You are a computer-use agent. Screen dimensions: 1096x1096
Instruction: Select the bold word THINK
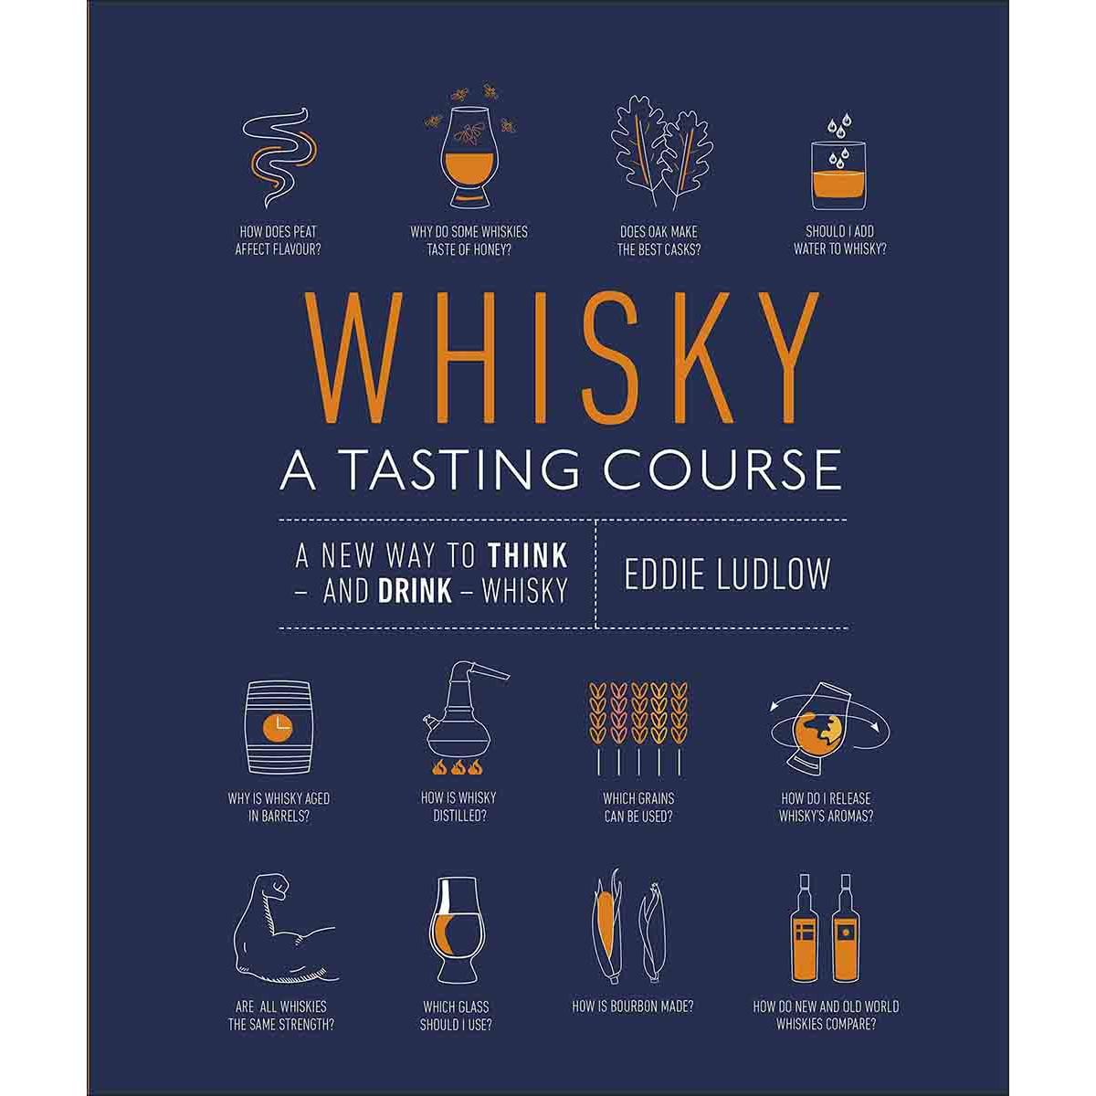click(x=528, y=555)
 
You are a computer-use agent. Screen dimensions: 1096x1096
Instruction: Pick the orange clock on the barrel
click(x=279, y=728)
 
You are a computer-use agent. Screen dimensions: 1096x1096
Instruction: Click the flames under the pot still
click(x=458, y=768)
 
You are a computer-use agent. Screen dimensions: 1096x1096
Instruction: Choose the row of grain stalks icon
click(x=638, y=729)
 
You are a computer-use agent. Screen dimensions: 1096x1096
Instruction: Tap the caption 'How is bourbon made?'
click(x=632, y=1006)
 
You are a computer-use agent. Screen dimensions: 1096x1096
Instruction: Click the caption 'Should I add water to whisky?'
click(x=839, y=240)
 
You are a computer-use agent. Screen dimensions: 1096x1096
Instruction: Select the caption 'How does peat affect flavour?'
click(x=279, y=240)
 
